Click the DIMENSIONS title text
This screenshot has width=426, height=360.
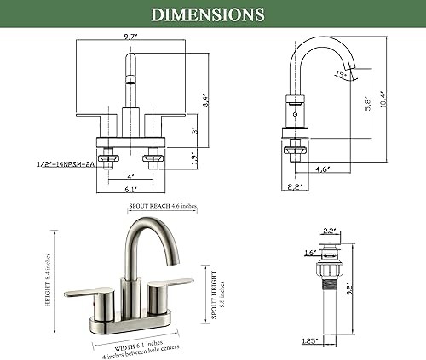(213, 14)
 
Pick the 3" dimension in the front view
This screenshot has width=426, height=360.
(193, 130)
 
